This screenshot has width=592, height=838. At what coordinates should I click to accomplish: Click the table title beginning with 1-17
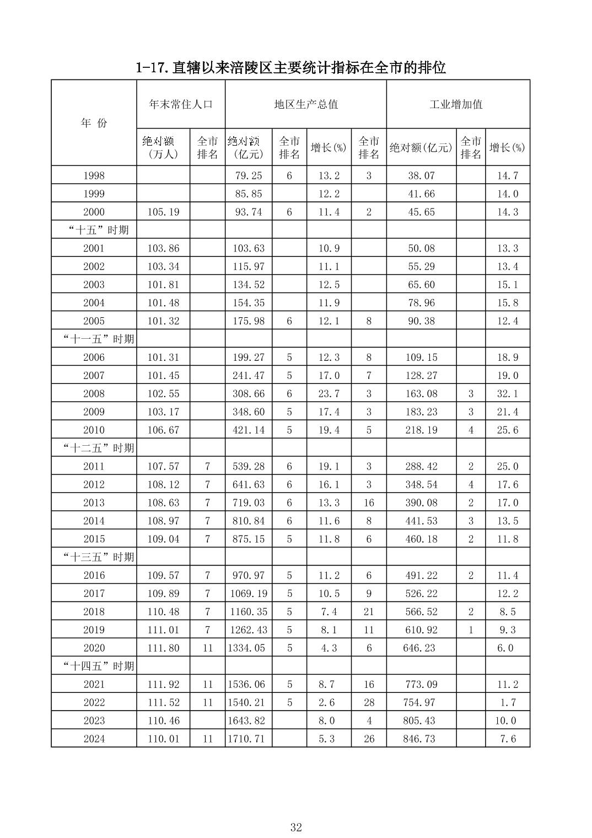[290, 68]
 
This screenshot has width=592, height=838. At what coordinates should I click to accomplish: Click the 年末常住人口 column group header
[181, 104]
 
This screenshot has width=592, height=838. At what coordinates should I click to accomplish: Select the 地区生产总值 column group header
[306, 104]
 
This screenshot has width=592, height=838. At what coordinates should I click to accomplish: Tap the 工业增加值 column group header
[458, 104]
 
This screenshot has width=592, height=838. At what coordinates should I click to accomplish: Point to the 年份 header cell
[94, 123]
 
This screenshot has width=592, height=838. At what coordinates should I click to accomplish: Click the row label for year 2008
[94, 394]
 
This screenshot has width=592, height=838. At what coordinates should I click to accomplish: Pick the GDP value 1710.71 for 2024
[249, 739]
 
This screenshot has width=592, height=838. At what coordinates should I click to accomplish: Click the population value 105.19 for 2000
[163, 212]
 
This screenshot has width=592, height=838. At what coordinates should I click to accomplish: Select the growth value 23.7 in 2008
[329, 394]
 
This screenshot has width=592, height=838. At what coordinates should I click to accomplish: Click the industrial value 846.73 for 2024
[421, 739]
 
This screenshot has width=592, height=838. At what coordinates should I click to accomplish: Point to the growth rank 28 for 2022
[369, 702]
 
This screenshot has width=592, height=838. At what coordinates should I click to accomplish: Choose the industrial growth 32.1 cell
[507, 394]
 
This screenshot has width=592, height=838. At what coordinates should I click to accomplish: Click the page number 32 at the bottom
[296, 828]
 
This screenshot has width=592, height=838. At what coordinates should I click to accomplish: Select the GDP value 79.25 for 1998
[249, 175]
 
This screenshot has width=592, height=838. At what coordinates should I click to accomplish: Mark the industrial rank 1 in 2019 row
[471, 629]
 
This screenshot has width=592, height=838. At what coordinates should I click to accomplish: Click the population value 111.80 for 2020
[163, 648]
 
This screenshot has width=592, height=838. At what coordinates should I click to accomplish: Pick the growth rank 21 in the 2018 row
[369, 611]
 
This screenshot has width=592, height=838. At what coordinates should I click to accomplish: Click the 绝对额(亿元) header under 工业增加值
[421, 148]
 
